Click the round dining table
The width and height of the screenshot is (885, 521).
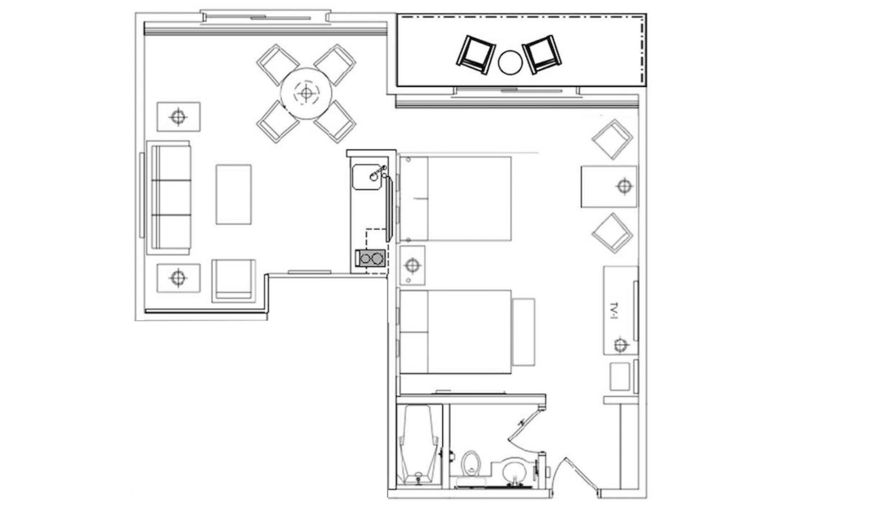point(306,94)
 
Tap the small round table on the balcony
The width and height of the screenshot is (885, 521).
point(510,62)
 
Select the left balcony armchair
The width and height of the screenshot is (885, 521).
point(476,54)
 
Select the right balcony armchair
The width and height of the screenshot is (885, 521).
point(542,54)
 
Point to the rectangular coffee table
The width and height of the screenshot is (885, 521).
point(233,194)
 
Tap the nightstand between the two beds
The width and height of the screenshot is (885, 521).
point(412,265)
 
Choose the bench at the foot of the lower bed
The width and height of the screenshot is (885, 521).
point(523,332)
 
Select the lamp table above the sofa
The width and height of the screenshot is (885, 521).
point(178,117)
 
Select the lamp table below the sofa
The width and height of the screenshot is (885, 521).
point(178,278)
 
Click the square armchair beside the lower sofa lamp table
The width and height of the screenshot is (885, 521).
point(233,281)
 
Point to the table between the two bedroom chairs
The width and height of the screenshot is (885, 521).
point(609,186)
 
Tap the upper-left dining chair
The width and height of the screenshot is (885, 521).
point(277,64)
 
